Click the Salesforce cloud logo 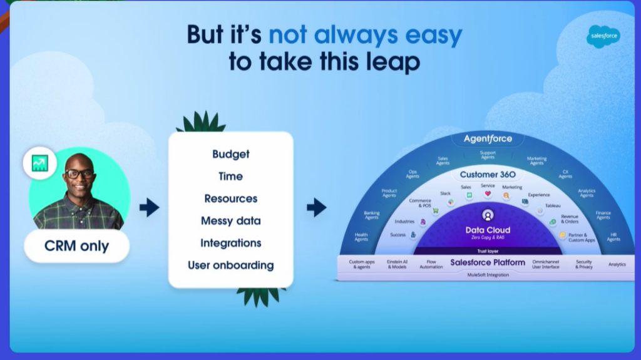(x=603, y=36)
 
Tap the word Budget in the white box (x=230, y=154)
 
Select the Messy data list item (x=230, y=221)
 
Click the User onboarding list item (x=230, y=265)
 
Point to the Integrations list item (x=230, y=243)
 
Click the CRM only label (x=76, y=246)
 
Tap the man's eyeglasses (x=79, y=173)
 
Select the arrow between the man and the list (x=149, y=207)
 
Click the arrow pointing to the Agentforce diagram (x=317, y=207)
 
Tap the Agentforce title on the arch (x=488, y=138)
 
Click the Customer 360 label (x=488, y=175)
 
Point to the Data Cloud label (x=488, y=230)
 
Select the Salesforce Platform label (x=488, y=262)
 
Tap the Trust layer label (x=488, y=250)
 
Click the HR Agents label (x=613, y=237)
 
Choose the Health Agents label (x=361, y=237)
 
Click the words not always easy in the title (x=366, y=35)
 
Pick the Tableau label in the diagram (x=552, y=206)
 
